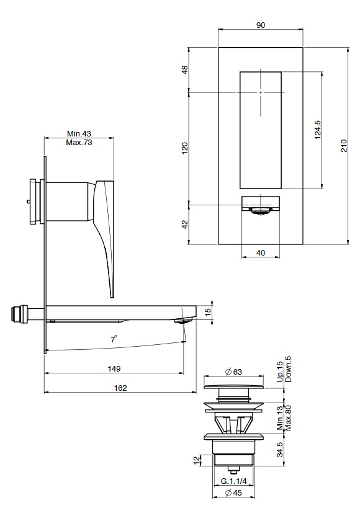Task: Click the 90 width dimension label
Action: coord(261,25)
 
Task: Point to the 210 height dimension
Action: coord(344,146)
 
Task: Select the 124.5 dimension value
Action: coord(318,130)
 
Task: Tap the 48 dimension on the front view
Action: coord(185,69)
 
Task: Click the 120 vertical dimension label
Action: coord(185,148)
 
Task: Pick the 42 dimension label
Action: coord(185,224)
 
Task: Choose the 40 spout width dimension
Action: coord(261,253)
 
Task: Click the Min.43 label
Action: coord(79,133)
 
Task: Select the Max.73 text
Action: coord(79,143)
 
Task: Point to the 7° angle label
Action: coord(114,340)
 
